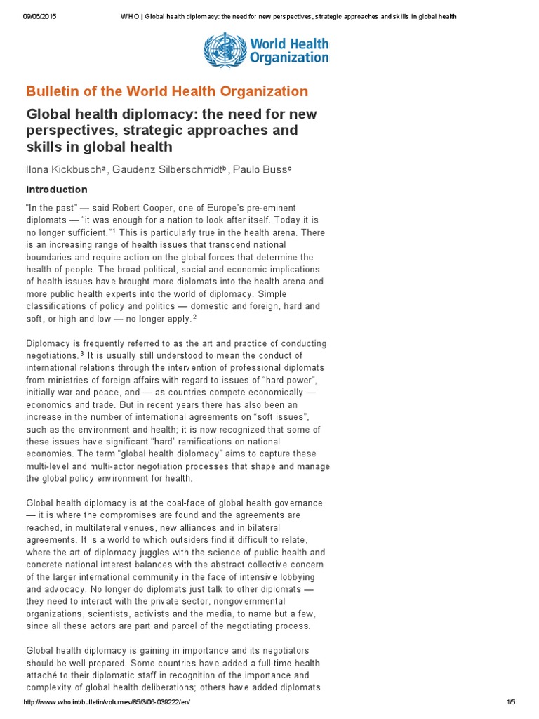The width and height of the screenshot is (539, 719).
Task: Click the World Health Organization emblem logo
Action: [x=221, y=51]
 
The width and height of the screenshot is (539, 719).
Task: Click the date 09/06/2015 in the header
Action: [x=39, y=17]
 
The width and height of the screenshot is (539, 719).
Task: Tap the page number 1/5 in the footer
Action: [x=510, y=702]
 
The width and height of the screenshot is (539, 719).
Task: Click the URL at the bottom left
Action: [x=107, y=702]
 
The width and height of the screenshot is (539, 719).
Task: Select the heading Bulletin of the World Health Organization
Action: [x=167, y=91]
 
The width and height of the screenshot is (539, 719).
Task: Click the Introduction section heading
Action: [x=57, y=190]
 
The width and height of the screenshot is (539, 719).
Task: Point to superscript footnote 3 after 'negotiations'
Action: [x=82, y=355]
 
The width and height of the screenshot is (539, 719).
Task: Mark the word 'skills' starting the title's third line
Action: [x=46, y=147]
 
